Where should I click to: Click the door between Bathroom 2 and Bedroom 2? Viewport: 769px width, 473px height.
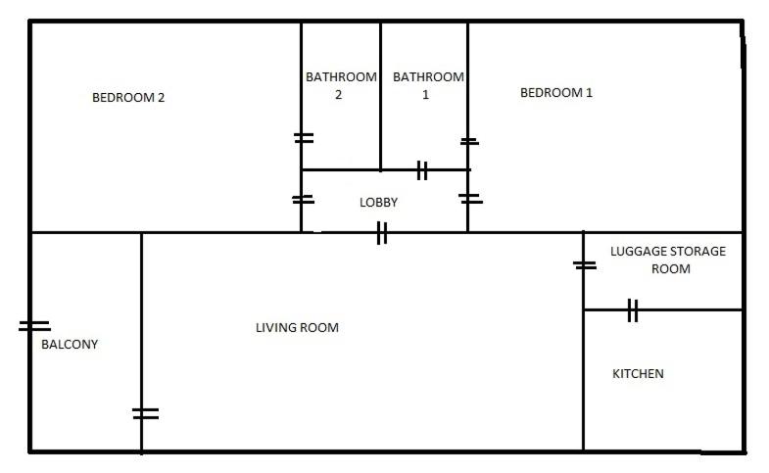click(304, 138)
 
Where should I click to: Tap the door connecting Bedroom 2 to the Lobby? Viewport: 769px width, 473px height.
click(303, 200)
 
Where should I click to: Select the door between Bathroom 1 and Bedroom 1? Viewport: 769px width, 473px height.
click(469, 142)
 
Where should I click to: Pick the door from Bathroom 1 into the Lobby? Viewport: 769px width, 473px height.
click(422, 170)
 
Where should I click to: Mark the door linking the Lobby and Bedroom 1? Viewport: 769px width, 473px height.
click(470, 199)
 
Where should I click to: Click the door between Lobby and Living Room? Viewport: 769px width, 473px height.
click(382, 232)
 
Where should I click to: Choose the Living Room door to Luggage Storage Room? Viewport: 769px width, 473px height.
click(585, 265)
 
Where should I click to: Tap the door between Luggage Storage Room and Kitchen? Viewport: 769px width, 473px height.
click(633, 310)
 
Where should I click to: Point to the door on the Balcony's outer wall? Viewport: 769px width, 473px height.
click(34, 326)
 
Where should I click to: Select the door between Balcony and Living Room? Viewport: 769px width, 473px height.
click(145, 413)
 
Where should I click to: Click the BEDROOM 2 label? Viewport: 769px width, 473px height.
click(128, 98)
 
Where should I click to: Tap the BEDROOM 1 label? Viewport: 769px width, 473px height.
click(556, 93)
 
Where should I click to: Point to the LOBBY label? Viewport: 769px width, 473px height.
click(378, 202)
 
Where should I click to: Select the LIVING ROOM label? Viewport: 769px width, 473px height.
click(297, 327)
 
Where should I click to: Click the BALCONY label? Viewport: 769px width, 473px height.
click(70, 344)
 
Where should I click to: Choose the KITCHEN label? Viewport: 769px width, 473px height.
click(638, 373)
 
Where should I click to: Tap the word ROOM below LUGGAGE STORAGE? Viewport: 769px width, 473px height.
click(670, 268)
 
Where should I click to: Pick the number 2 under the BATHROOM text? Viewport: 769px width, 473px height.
click(338, 95)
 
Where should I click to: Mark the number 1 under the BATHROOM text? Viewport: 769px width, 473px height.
click(426, 95)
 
